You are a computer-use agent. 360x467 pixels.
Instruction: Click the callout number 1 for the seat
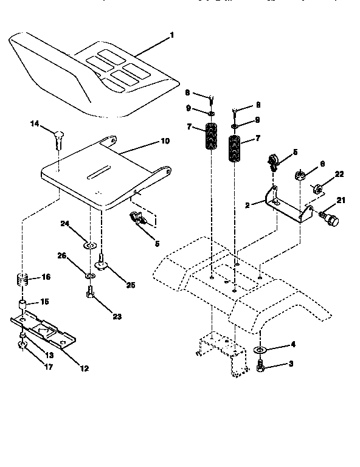click(x=171, y=36)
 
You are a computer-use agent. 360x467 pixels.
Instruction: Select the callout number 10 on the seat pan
click(x=164, y=142)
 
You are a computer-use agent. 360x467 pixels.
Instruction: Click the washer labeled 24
click(x=89, y=246)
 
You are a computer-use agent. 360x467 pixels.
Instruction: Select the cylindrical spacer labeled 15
click(x=22, y=304)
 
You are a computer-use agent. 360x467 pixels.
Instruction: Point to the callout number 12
click(x=84, y=368)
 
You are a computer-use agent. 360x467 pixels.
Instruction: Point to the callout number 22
click(x=339, y=175)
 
